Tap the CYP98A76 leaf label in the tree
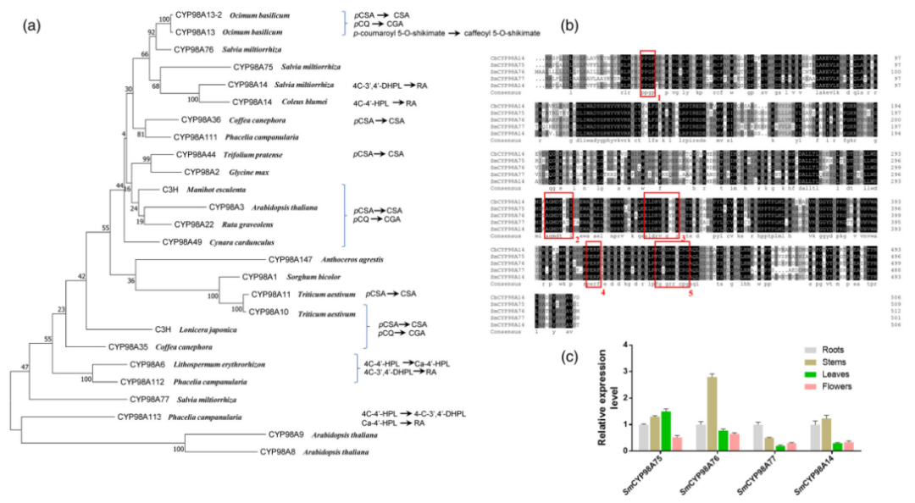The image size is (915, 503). point(197,50)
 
